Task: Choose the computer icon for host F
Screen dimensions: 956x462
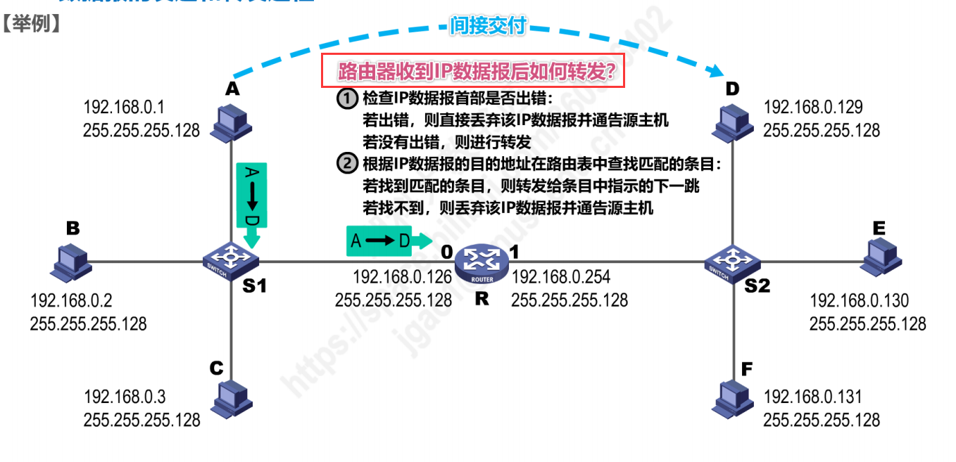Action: tap(733, 398)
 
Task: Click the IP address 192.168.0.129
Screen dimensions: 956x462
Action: tap(813, 107)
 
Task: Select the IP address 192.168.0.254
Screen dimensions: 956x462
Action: tap(560, 276)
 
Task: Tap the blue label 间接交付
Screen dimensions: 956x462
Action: tap(488, 27)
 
